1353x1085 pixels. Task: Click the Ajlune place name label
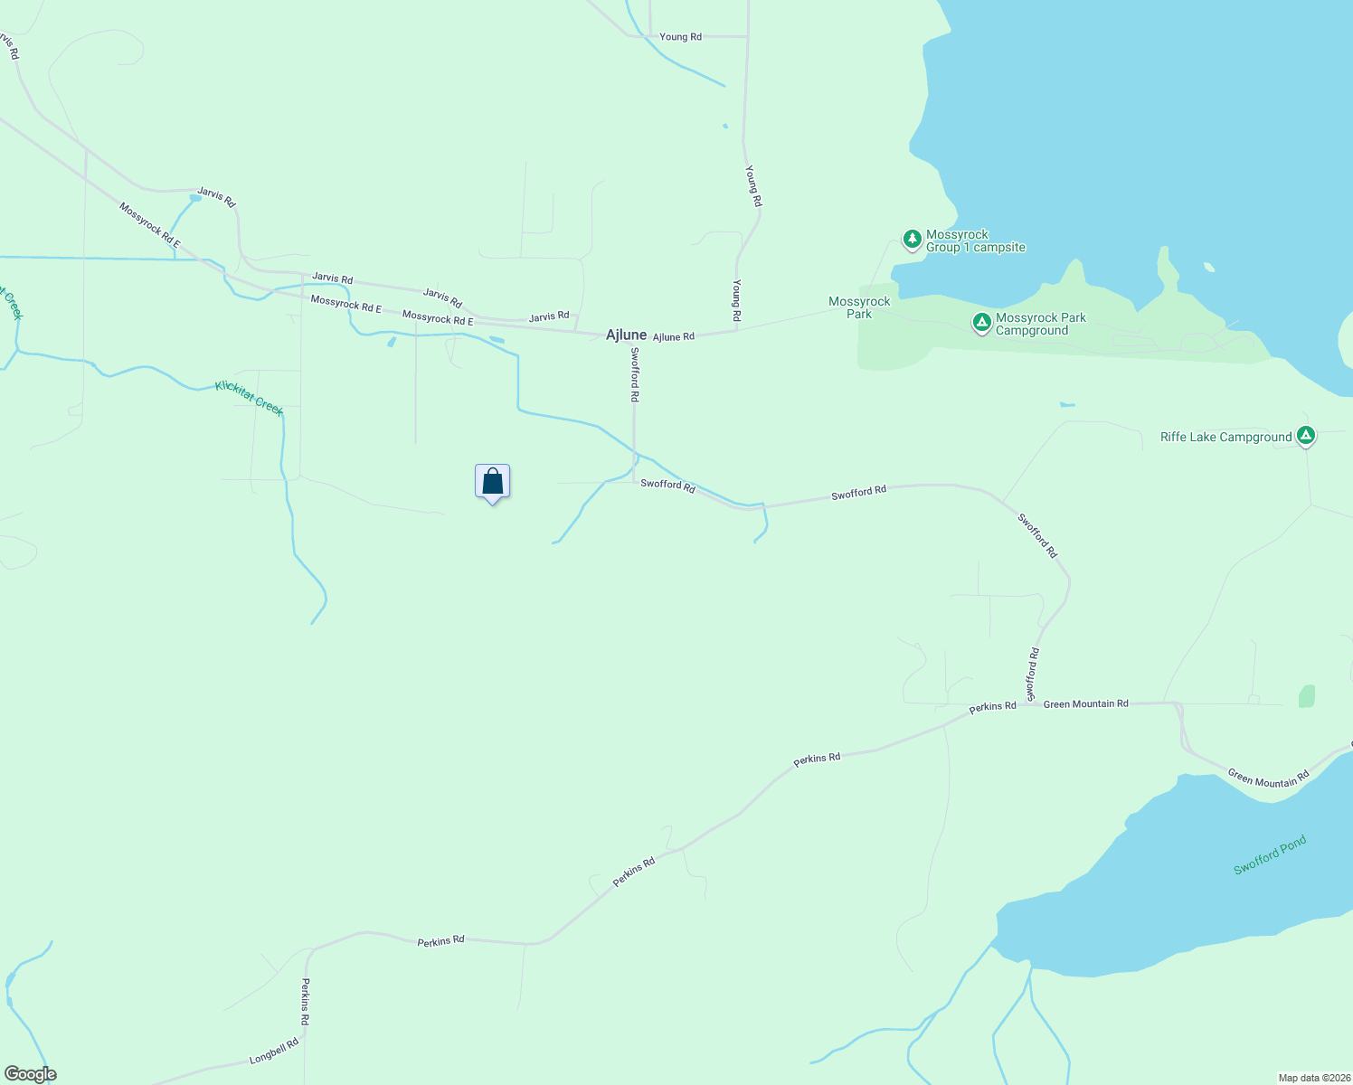626,335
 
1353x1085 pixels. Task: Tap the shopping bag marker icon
493,481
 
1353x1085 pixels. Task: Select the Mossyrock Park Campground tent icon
981,322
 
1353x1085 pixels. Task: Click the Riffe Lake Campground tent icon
1305,436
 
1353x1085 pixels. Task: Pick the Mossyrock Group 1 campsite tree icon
912,239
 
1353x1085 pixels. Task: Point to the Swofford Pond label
1270,855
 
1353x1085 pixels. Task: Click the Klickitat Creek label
250,399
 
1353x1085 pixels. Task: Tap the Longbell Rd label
274,1052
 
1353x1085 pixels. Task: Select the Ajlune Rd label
674,336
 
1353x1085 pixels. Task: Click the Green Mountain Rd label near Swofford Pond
1268,778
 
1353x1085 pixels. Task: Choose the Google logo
31,1074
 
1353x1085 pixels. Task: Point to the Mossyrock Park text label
859,307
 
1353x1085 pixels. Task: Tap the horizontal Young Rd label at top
680,37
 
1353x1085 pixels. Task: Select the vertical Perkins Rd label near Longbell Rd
306,1001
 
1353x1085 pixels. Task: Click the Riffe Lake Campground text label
1225,438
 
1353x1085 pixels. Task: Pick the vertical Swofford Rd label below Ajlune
635,374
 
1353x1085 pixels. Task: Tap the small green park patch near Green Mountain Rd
1306,696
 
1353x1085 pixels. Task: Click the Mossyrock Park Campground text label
1040,324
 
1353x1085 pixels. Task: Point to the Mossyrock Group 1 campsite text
975,241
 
